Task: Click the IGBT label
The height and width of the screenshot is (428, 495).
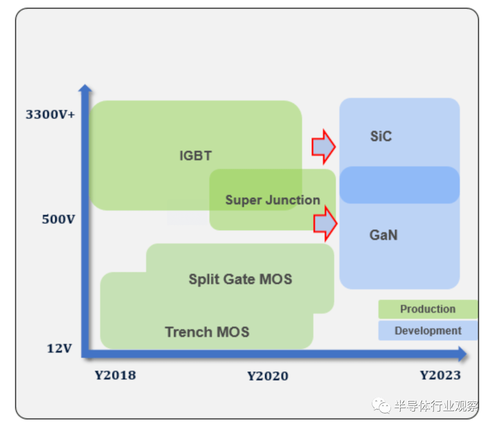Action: (x=195, y=156)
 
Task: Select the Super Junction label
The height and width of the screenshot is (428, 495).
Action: (x=272, y=200)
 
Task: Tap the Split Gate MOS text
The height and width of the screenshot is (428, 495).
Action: (x=240, y=279)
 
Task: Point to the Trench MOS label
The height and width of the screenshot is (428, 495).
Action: (x=207, y=332)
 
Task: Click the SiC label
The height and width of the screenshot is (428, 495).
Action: (x=381, y=137)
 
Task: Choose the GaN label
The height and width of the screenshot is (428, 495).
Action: (x=383, y=236)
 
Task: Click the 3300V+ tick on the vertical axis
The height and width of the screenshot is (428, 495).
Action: (x=50, y=114)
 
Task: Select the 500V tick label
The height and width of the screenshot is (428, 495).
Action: (x=58, y=219)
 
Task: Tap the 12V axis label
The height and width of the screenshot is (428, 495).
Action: (x=59, y=349)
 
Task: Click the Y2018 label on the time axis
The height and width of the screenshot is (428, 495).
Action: (x=115, y=375)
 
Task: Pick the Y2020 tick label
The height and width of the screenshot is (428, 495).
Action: (x=268, y=376)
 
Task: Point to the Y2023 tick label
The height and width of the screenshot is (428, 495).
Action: (x=440, y=375)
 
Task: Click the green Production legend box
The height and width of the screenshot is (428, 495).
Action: (x=428, y=309)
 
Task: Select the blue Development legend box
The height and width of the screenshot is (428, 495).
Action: (x=428, y=331)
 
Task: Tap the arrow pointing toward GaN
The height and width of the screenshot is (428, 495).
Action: (x=325, y=224)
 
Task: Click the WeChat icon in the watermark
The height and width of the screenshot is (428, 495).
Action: (x=381, y=406)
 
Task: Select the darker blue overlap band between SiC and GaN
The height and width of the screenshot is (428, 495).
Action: (x=399, y=185)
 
